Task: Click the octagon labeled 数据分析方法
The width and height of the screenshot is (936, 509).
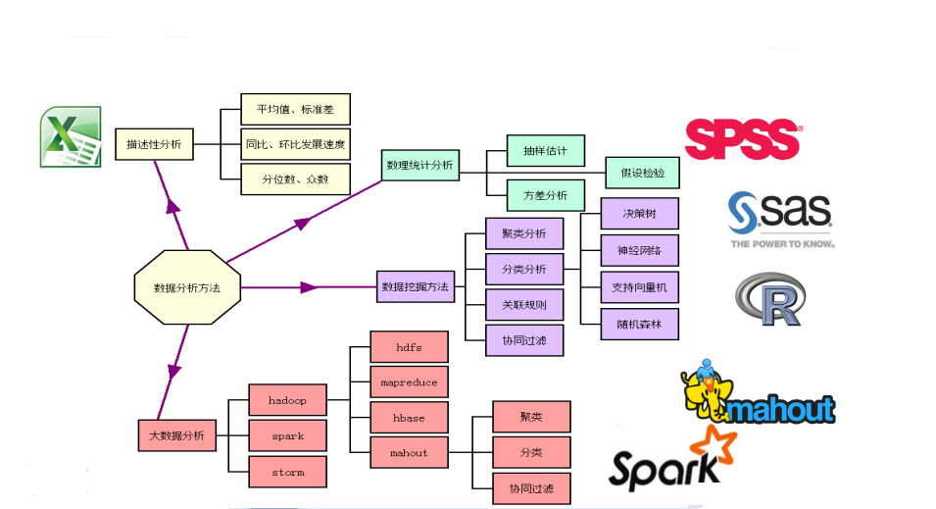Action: (x=186, y=287)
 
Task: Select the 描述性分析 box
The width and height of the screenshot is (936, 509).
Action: (x=154, y=145)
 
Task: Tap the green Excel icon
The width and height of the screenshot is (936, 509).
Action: (x=71, y=136)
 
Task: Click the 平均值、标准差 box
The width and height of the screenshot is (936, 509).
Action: (x=295, y=110)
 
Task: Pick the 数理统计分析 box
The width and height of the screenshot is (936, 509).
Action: (x=419, y=166)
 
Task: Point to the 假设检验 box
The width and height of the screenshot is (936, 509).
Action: (x=642, y=173)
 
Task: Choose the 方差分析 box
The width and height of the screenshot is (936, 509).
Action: (x=545, y=195)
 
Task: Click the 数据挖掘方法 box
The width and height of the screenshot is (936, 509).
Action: (x=415, y=287)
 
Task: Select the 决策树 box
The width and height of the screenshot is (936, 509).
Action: (x=638, y=213)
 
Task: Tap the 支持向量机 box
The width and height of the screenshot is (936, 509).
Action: (x=638, y=286)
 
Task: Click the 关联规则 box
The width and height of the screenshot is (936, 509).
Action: (x=524, y=305)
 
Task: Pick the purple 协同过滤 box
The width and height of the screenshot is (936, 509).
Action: (x=524, y=340)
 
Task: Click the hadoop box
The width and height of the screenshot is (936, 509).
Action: (x=287, y=400)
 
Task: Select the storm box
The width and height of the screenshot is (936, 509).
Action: (x=287, y=472)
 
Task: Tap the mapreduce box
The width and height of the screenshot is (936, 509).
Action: (x=409, y=382)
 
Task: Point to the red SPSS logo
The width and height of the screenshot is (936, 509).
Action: (x=743, y=138)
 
